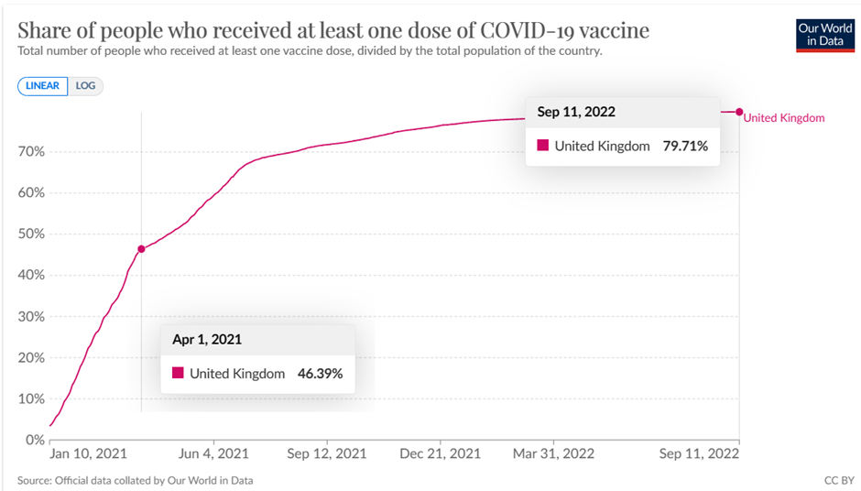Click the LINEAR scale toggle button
[x=42, y=86]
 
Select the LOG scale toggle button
[x=85, y=86]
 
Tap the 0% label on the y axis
[x=34, y=441]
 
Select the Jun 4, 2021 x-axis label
[x=213, y=454]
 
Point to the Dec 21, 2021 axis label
[x=441, y=454]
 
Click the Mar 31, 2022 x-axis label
[x=553, y=454]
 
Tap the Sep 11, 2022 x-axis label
[x=700, y=454]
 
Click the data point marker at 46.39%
[x=141, y=249]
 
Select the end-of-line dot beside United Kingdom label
[x=739, y=113]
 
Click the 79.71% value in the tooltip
[x=685, y=146]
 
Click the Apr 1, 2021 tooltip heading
[x=207, y=340]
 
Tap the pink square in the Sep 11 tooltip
[x=542, y=146]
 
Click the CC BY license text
[x=838, y=480]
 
